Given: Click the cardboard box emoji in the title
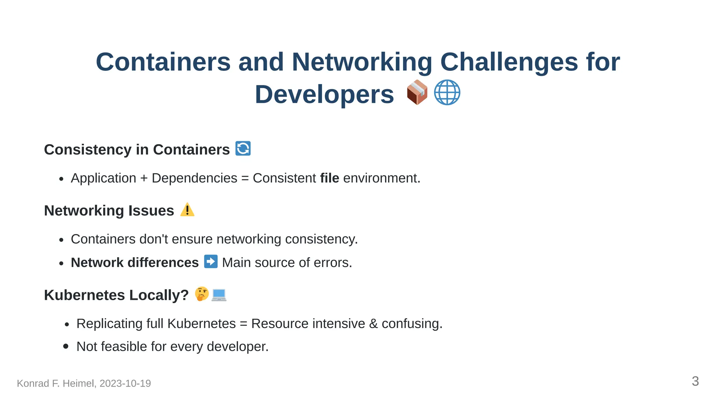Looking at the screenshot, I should [x=417, y=93].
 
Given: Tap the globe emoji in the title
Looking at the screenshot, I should [x=447, y=93].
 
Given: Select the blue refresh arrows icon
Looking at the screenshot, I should [x=243, y=148].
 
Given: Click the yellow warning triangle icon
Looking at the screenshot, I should [x=187, y=210].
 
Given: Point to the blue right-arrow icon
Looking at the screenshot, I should [x=211, y=262].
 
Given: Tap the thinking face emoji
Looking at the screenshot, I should [x=202, y=294].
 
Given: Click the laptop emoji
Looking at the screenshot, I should [x=219, y=295].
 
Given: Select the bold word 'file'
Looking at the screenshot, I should [x=329, y=178].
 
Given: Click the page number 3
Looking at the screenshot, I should [x=695, y=381].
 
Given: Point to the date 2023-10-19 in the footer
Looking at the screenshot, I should [x=125, y=383].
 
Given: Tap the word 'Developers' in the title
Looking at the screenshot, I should [x=324, y=94].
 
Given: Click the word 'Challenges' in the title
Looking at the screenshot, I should [x=509, y=62].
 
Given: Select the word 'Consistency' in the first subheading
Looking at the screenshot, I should [x=88, y=150].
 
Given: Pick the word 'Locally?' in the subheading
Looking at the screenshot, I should [x=159, y=295].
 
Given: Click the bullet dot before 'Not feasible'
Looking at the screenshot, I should [x=66, y=346].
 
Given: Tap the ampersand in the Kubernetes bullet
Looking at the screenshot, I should [x=373, y=324].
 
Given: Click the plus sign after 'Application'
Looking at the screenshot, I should [x=144, y=178].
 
